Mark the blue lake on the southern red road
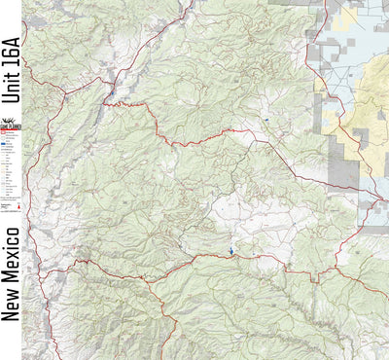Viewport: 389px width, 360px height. click(x=231, y=251)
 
